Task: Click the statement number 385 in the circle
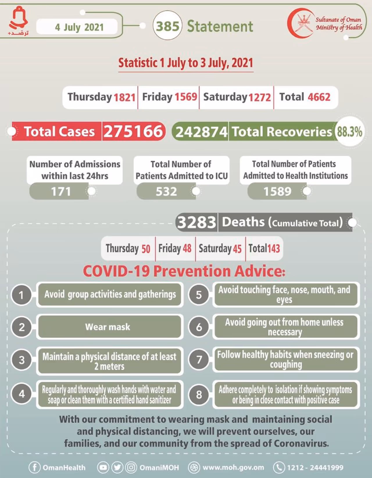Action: (x=167, y=26)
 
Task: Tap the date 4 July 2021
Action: (x=79, y=27)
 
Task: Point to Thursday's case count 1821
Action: (x=124, y=97)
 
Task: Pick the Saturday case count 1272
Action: (x=259, y=97)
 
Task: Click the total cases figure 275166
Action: (x=133, y=132)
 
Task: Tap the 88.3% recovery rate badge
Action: (x=349, y=132)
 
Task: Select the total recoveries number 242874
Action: (x=201, y=132)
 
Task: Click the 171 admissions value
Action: (x=61, y=191)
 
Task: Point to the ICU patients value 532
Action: (x=166, y=191)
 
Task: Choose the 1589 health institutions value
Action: (x=277, y=191)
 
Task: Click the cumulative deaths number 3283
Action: (x=197, y=223)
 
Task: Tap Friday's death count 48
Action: (x=187, y=248)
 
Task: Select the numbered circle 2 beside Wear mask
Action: (x=22, y=327)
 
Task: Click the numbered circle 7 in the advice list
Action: (x=199, y=360)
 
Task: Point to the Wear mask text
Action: (x=108, y=327)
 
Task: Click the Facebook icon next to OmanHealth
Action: (x=34, y=468)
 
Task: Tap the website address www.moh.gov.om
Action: (x=233, y=468)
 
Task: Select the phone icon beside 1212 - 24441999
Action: (x=279, y=468)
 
